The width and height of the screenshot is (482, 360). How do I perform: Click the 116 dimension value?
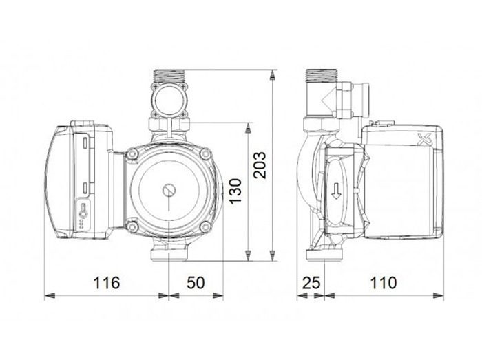pyautogui.click(x=106, y=283)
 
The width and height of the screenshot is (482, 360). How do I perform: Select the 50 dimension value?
pyautogui.click(x=196, y=283)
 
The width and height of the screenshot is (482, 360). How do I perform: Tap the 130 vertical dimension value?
pyautogui.click(x=235, y=191)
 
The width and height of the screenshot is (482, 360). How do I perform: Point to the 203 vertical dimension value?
pyautogui.click(x=260, y=165)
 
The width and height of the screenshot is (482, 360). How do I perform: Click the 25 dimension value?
pyautogui.click(x=311, y=283)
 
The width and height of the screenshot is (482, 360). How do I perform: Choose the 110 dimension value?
pyautogui.click(x=384, y=283)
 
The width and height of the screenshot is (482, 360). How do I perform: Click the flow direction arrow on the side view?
pyautogui.click(x=337, y=191)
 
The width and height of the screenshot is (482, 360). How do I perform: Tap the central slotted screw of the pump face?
pyautogui.click(x=169, y=191)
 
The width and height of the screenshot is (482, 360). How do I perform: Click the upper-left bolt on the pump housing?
pyautogui.click(x=133, y=153)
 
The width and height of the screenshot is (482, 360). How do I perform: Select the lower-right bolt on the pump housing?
pyautogui.click(x=205, y=227)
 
